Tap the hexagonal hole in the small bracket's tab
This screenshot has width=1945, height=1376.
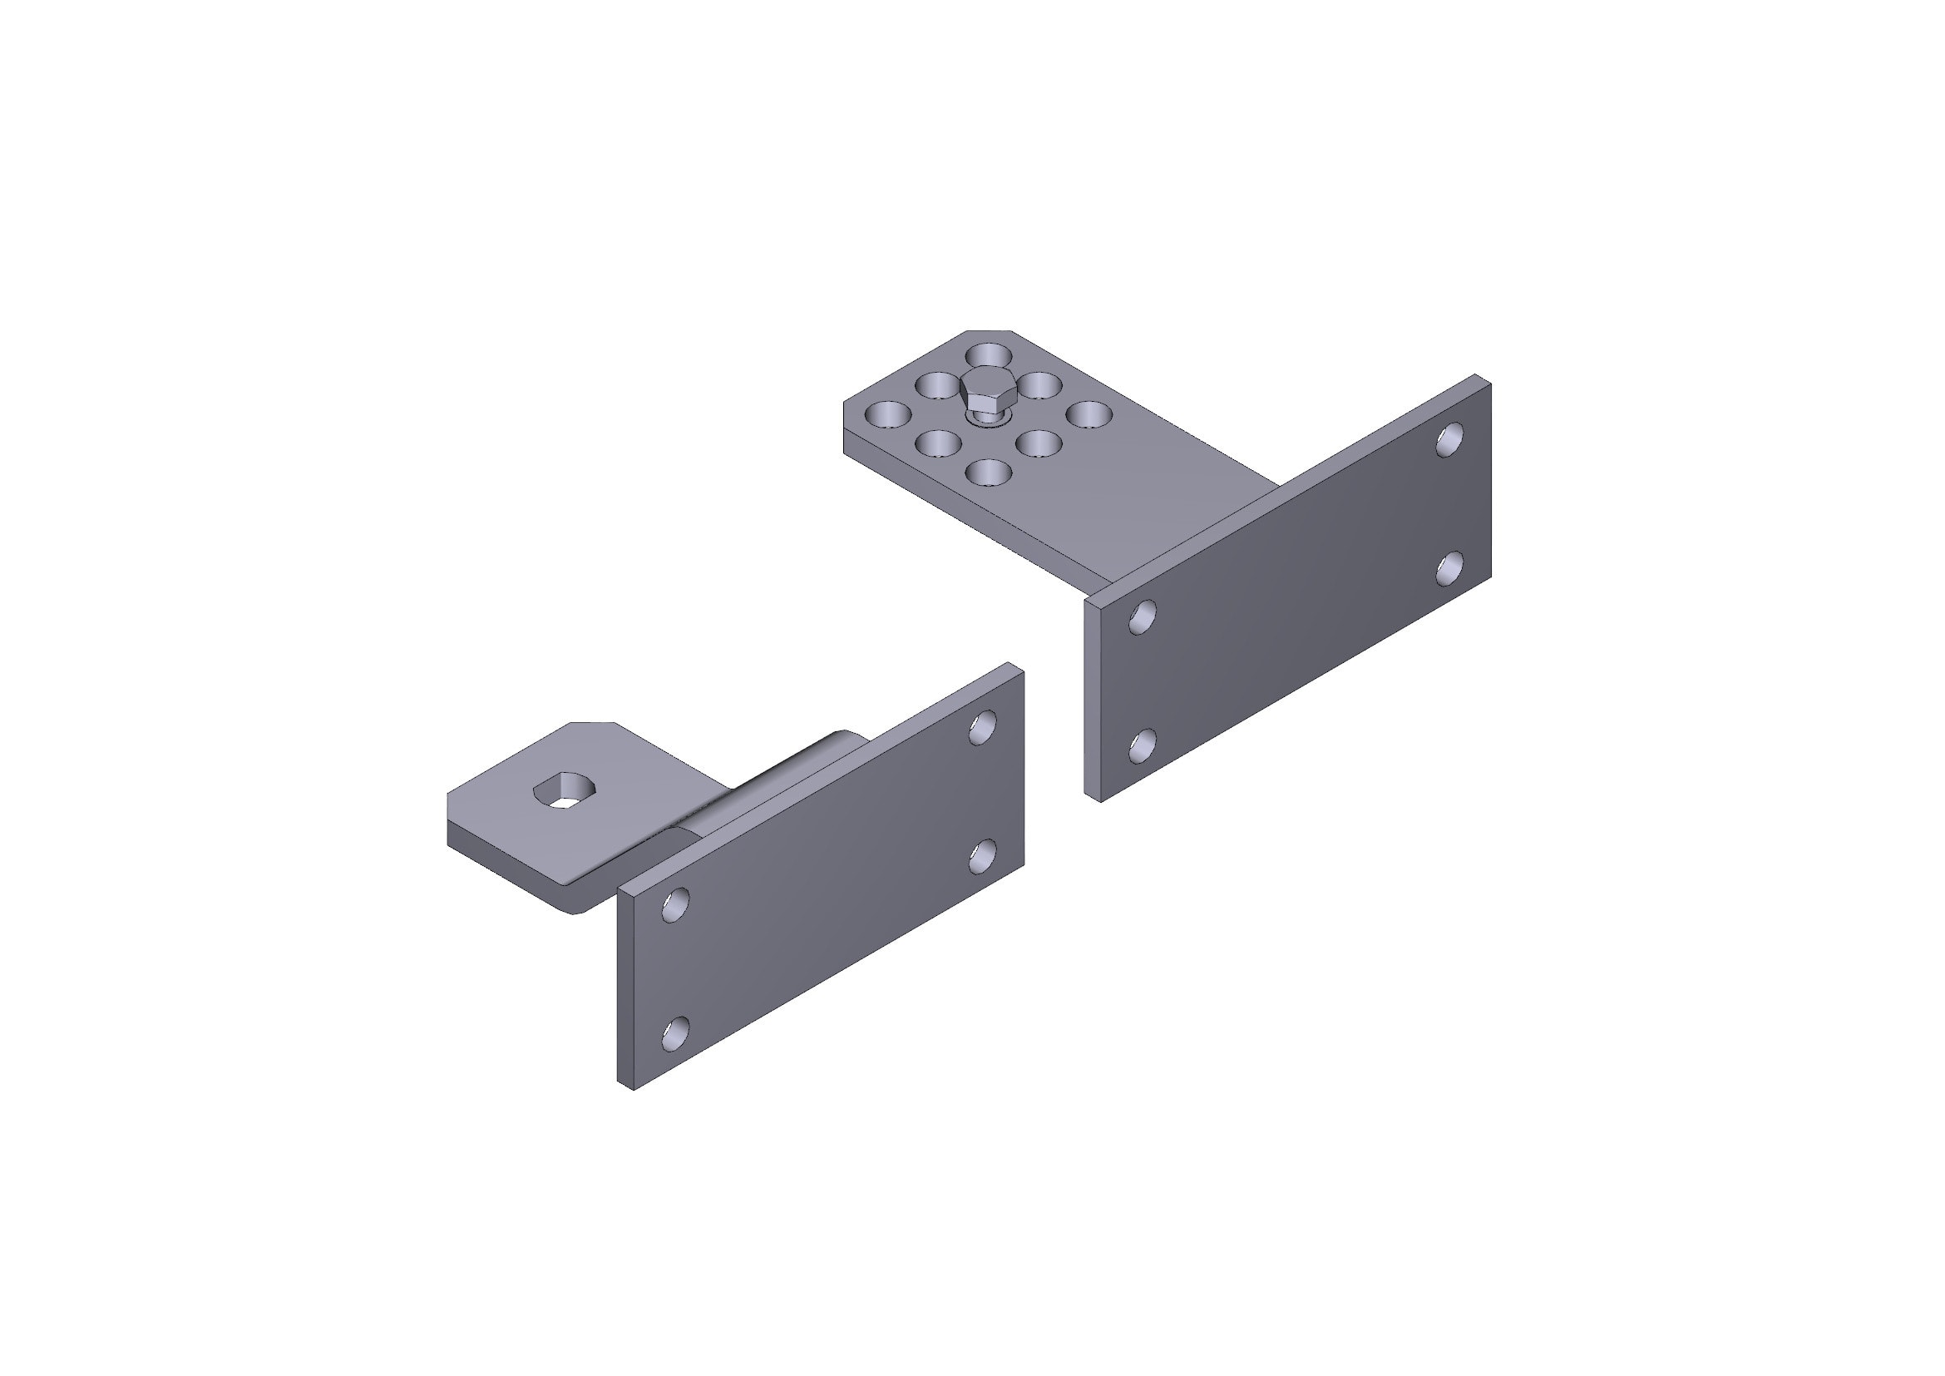point(565,792)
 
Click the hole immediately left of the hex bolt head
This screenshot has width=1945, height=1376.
point(938,384)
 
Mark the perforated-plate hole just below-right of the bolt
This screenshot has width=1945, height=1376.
point(1039,443)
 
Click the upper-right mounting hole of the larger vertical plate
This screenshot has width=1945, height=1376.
point(1449,439)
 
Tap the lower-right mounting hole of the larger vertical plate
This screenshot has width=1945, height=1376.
point(1451,567)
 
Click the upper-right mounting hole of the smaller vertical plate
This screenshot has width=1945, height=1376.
point(983,727)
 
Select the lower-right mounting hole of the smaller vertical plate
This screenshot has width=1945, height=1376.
point(983,856)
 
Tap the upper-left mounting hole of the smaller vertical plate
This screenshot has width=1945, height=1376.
point(676,904)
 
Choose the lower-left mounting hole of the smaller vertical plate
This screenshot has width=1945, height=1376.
point(676,1033)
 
